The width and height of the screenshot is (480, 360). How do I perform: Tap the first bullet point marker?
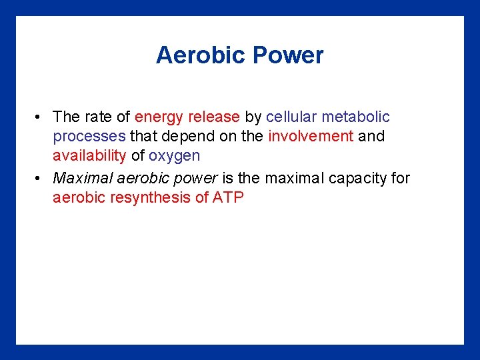(40, 117)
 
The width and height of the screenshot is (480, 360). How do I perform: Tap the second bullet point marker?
(40, 179)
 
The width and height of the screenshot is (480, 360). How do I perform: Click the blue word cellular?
(291, 117)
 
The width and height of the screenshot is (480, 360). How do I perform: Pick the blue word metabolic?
(356, 117)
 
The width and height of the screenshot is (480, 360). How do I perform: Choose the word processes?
(89, 137)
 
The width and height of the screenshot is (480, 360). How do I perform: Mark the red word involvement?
(311, 137)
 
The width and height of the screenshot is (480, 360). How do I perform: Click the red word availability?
(89, 156)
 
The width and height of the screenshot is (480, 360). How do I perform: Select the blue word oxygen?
(174, 157)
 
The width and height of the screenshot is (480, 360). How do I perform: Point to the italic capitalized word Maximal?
(79, 178)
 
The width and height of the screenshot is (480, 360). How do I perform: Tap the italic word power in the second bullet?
(195, 179)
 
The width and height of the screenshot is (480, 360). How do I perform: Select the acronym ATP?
(228, 198)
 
